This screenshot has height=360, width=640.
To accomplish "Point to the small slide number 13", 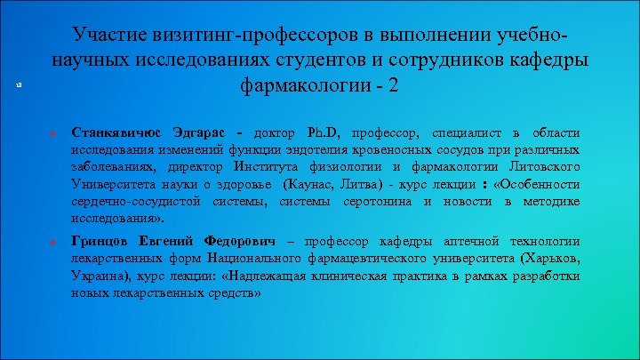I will click(18, 84).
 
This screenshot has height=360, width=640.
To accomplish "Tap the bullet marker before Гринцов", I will click(53, 243).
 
